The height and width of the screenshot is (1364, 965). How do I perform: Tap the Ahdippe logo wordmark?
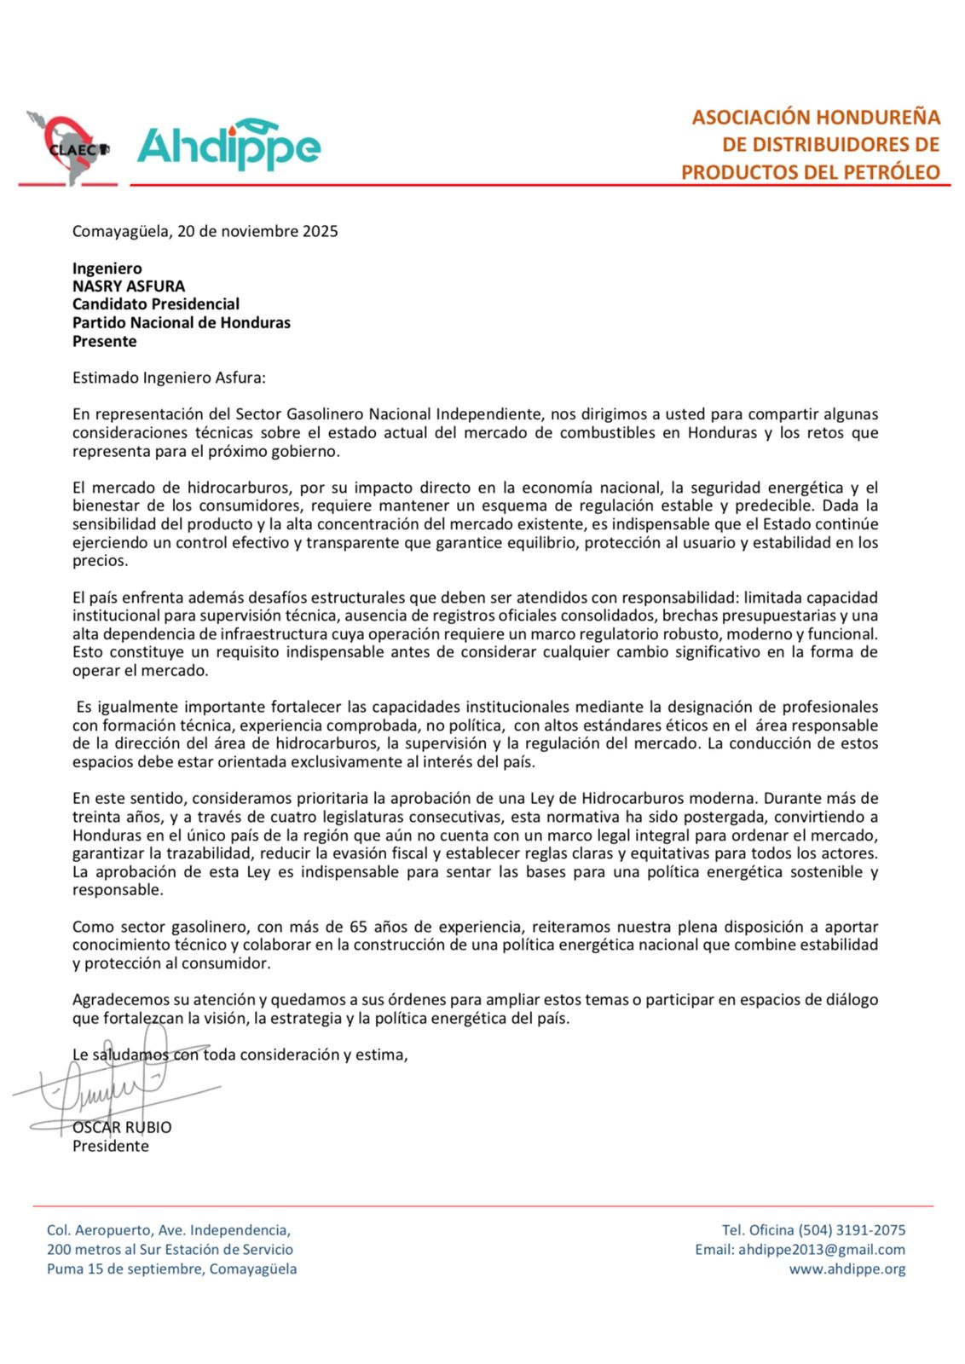click(228, 146)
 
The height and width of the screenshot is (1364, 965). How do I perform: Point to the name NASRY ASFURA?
click(129, 286)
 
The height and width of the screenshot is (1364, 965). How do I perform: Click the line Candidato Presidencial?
click(156, 304)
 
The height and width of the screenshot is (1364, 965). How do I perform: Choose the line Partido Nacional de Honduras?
click(182, 323)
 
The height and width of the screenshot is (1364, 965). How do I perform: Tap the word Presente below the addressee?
click(104, 341)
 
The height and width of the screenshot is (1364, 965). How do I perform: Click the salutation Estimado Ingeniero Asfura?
click(169, 378)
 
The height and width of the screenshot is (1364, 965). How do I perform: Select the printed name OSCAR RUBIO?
click(122, 1127)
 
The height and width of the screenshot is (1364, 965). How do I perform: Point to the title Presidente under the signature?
click(111, 1146)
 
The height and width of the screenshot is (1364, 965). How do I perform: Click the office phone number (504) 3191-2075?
click(852, 1230)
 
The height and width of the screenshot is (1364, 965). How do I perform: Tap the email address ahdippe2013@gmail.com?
click(822, 1250)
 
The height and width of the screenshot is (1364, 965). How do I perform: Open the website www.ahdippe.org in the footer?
click(847, 1269)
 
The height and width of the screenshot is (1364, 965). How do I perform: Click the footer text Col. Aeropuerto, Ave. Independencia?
click(169, 1230)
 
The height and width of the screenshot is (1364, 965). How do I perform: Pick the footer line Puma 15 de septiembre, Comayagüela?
click(172, 1269)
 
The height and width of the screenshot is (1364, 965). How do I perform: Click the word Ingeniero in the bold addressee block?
click(107, 269)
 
